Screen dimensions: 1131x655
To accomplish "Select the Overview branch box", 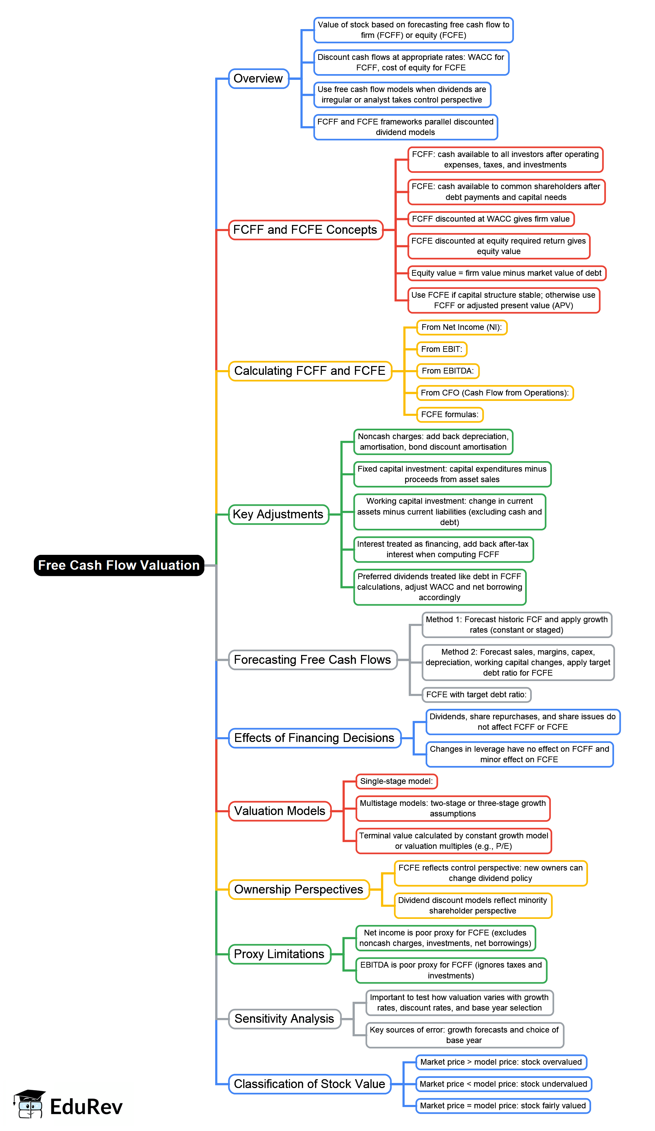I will click(258, 78).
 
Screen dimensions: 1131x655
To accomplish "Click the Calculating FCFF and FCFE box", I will click(310, 371).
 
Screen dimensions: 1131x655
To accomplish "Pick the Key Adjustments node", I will click(278, 514).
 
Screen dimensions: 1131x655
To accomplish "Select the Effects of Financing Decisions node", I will click(314, 738).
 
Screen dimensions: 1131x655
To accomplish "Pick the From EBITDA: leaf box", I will click(448, 371).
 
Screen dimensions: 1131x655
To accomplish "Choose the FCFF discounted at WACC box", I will click(490, 219).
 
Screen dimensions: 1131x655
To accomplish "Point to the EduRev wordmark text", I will click(86, 1106).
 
